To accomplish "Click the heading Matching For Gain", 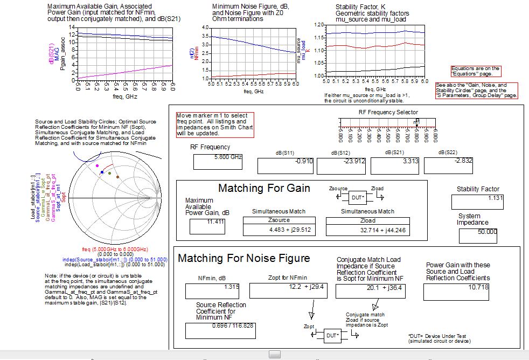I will (x=264, y=188).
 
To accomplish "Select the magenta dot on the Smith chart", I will (x=97, y=166).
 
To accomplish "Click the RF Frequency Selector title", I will (x=388, y=112).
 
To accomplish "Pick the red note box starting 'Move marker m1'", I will (x=214, y=124).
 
